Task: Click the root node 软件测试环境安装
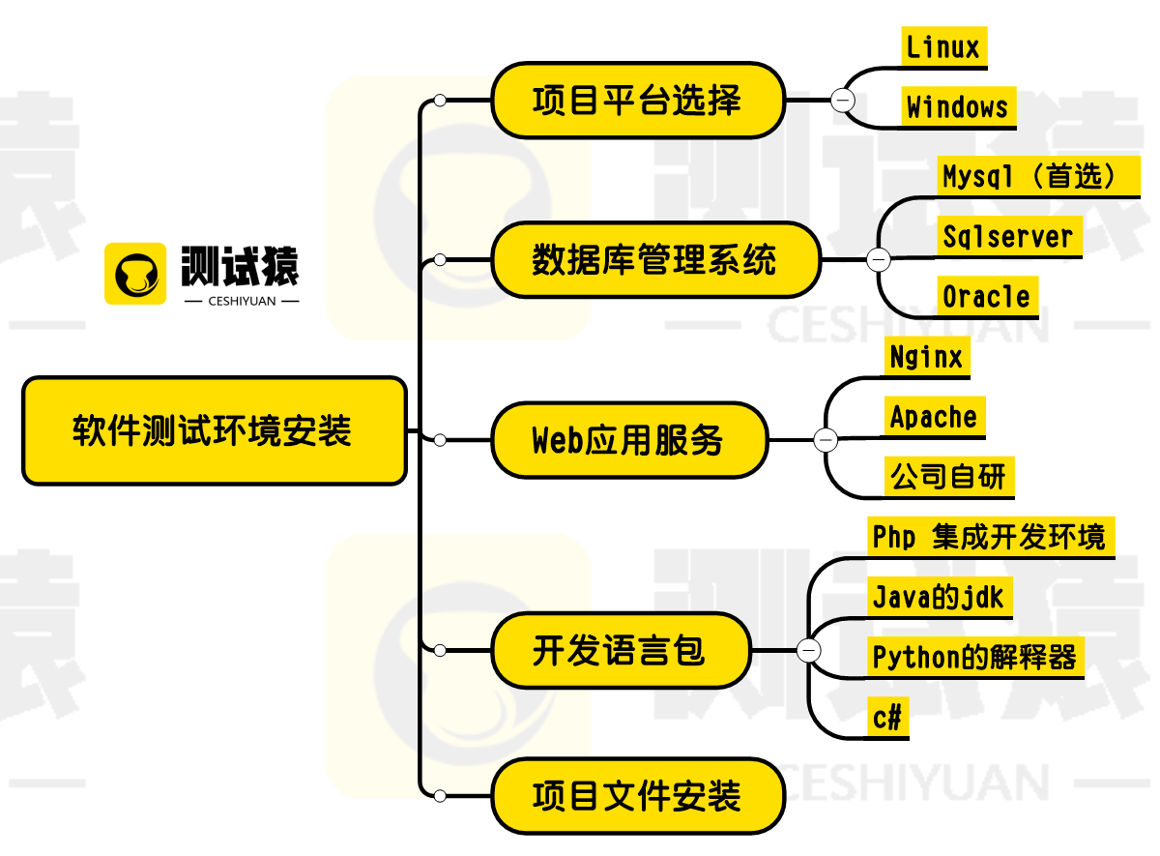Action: click(x=215, y=431)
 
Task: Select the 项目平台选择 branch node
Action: click(x=638, y=100)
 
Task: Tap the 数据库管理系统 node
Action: click(x=655, y=259)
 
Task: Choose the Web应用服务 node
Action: click(x=629, y=440)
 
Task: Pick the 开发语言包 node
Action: click(x=621, y=650)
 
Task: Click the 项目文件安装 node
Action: click(x=638, y=796)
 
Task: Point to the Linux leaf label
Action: click(x=944, y=47)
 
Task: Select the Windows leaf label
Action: click(x=959, y=107)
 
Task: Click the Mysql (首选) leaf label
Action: click(x=1038, y=177)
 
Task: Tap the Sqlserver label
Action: click(x=1009, y=237)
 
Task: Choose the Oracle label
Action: click(x=988, y=297)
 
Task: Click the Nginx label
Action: click(x=927, y=357)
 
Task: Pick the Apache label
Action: click(x=935, y=417)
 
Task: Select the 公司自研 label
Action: click(x=949, y=477)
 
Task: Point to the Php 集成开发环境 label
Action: click(x=991, y=538)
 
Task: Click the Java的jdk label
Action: click(x=940, y=598)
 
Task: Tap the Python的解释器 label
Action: click(x=975, y=658)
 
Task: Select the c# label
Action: click(x=888, y=718)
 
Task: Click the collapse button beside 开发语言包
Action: click(x=808, y=650)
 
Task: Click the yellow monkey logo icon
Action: click(x=135, y=274)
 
